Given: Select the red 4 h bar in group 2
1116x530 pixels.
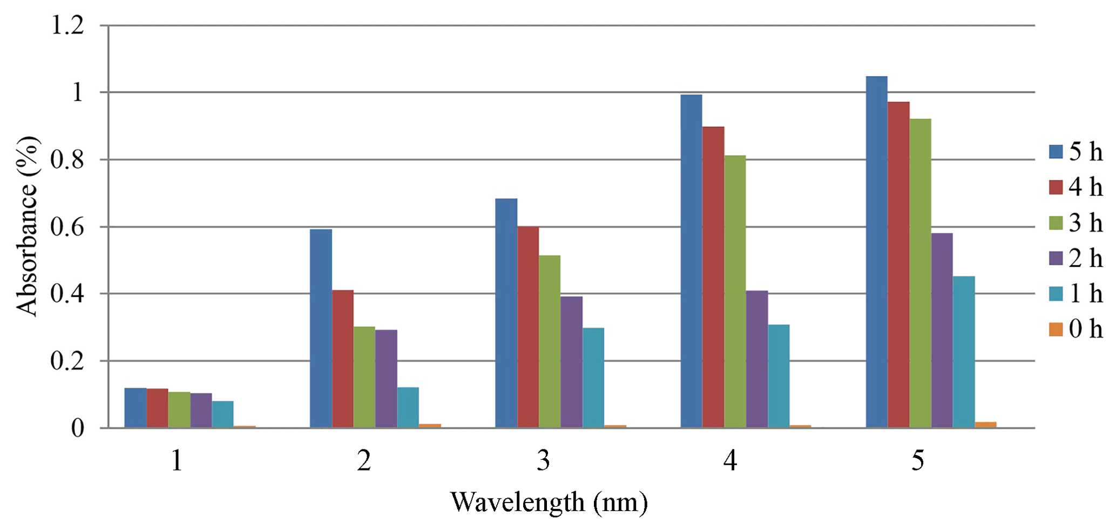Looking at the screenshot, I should tap(343, 359).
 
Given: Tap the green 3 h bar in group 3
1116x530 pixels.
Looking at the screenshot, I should tap(550, 341).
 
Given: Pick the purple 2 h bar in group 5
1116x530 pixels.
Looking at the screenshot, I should tap(942, 330).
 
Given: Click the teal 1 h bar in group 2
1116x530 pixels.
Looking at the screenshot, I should tap(408, 407).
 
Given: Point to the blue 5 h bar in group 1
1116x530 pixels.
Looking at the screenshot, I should tap(136, 408).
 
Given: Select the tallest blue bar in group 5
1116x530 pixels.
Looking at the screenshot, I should tap(876, 252).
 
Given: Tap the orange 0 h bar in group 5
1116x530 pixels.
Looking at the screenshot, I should tap(985, 425).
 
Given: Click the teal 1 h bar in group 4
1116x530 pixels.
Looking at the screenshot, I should tap(779, 376).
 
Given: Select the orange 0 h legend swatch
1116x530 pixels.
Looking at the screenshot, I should tap(1056, 329).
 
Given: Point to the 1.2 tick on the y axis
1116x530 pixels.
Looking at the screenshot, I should tap(67, 25).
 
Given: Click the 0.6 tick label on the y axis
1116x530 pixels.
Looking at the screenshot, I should tap(67, 227).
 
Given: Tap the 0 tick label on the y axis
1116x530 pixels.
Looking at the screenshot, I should tap(78, 428).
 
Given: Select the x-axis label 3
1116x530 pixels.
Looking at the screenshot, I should tap(543, 460).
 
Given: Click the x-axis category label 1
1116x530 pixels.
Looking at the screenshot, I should tap(177, 460).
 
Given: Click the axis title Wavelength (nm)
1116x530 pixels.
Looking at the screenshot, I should tap(549, 502).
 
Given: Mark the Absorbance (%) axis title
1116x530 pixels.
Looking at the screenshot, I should tap(27, 226).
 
